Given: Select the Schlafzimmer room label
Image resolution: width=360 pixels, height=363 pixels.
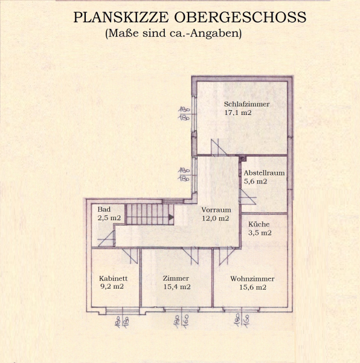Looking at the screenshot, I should click(x=246, y=104).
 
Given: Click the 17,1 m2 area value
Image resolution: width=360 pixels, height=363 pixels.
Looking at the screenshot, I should click(x=237, y=113).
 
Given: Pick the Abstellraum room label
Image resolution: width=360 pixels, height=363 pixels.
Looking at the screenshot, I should click(x=264, y=172).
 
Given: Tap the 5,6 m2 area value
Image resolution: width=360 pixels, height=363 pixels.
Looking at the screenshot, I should click(x=256, y=181).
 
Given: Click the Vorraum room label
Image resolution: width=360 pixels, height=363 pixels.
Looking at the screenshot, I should click(x=216, y=209).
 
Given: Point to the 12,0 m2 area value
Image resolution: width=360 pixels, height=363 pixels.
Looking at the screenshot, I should click(x=216, y=218).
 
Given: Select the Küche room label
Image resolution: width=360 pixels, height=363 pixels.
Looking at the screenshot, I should click(x=259, y=224).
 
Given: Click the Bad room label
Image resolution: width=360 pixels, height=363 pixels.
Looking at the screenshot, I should click(x=104, y=209).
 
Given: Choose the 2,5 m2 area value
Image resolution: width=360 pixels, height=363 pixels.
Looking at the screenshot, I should click(x=109, y=218).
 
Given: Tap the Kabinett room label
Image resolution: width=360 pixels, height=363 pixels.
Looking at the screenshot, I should click(x=113, y=278).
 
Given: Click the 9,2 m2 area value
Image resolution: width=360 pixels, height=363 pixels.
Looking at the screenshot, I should click(x=111, y=287).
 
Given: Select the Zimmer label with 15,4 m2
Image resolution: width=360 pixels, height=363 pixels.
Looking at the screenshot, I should click(x=176, y=278).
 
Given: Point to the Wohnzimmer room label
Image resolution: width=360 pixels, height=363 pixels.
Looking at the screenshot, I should click(x=252, y=279).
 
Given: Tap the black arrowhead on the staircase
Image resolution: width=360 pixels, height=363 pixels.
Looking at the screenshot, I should click(x=171, y=217).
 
